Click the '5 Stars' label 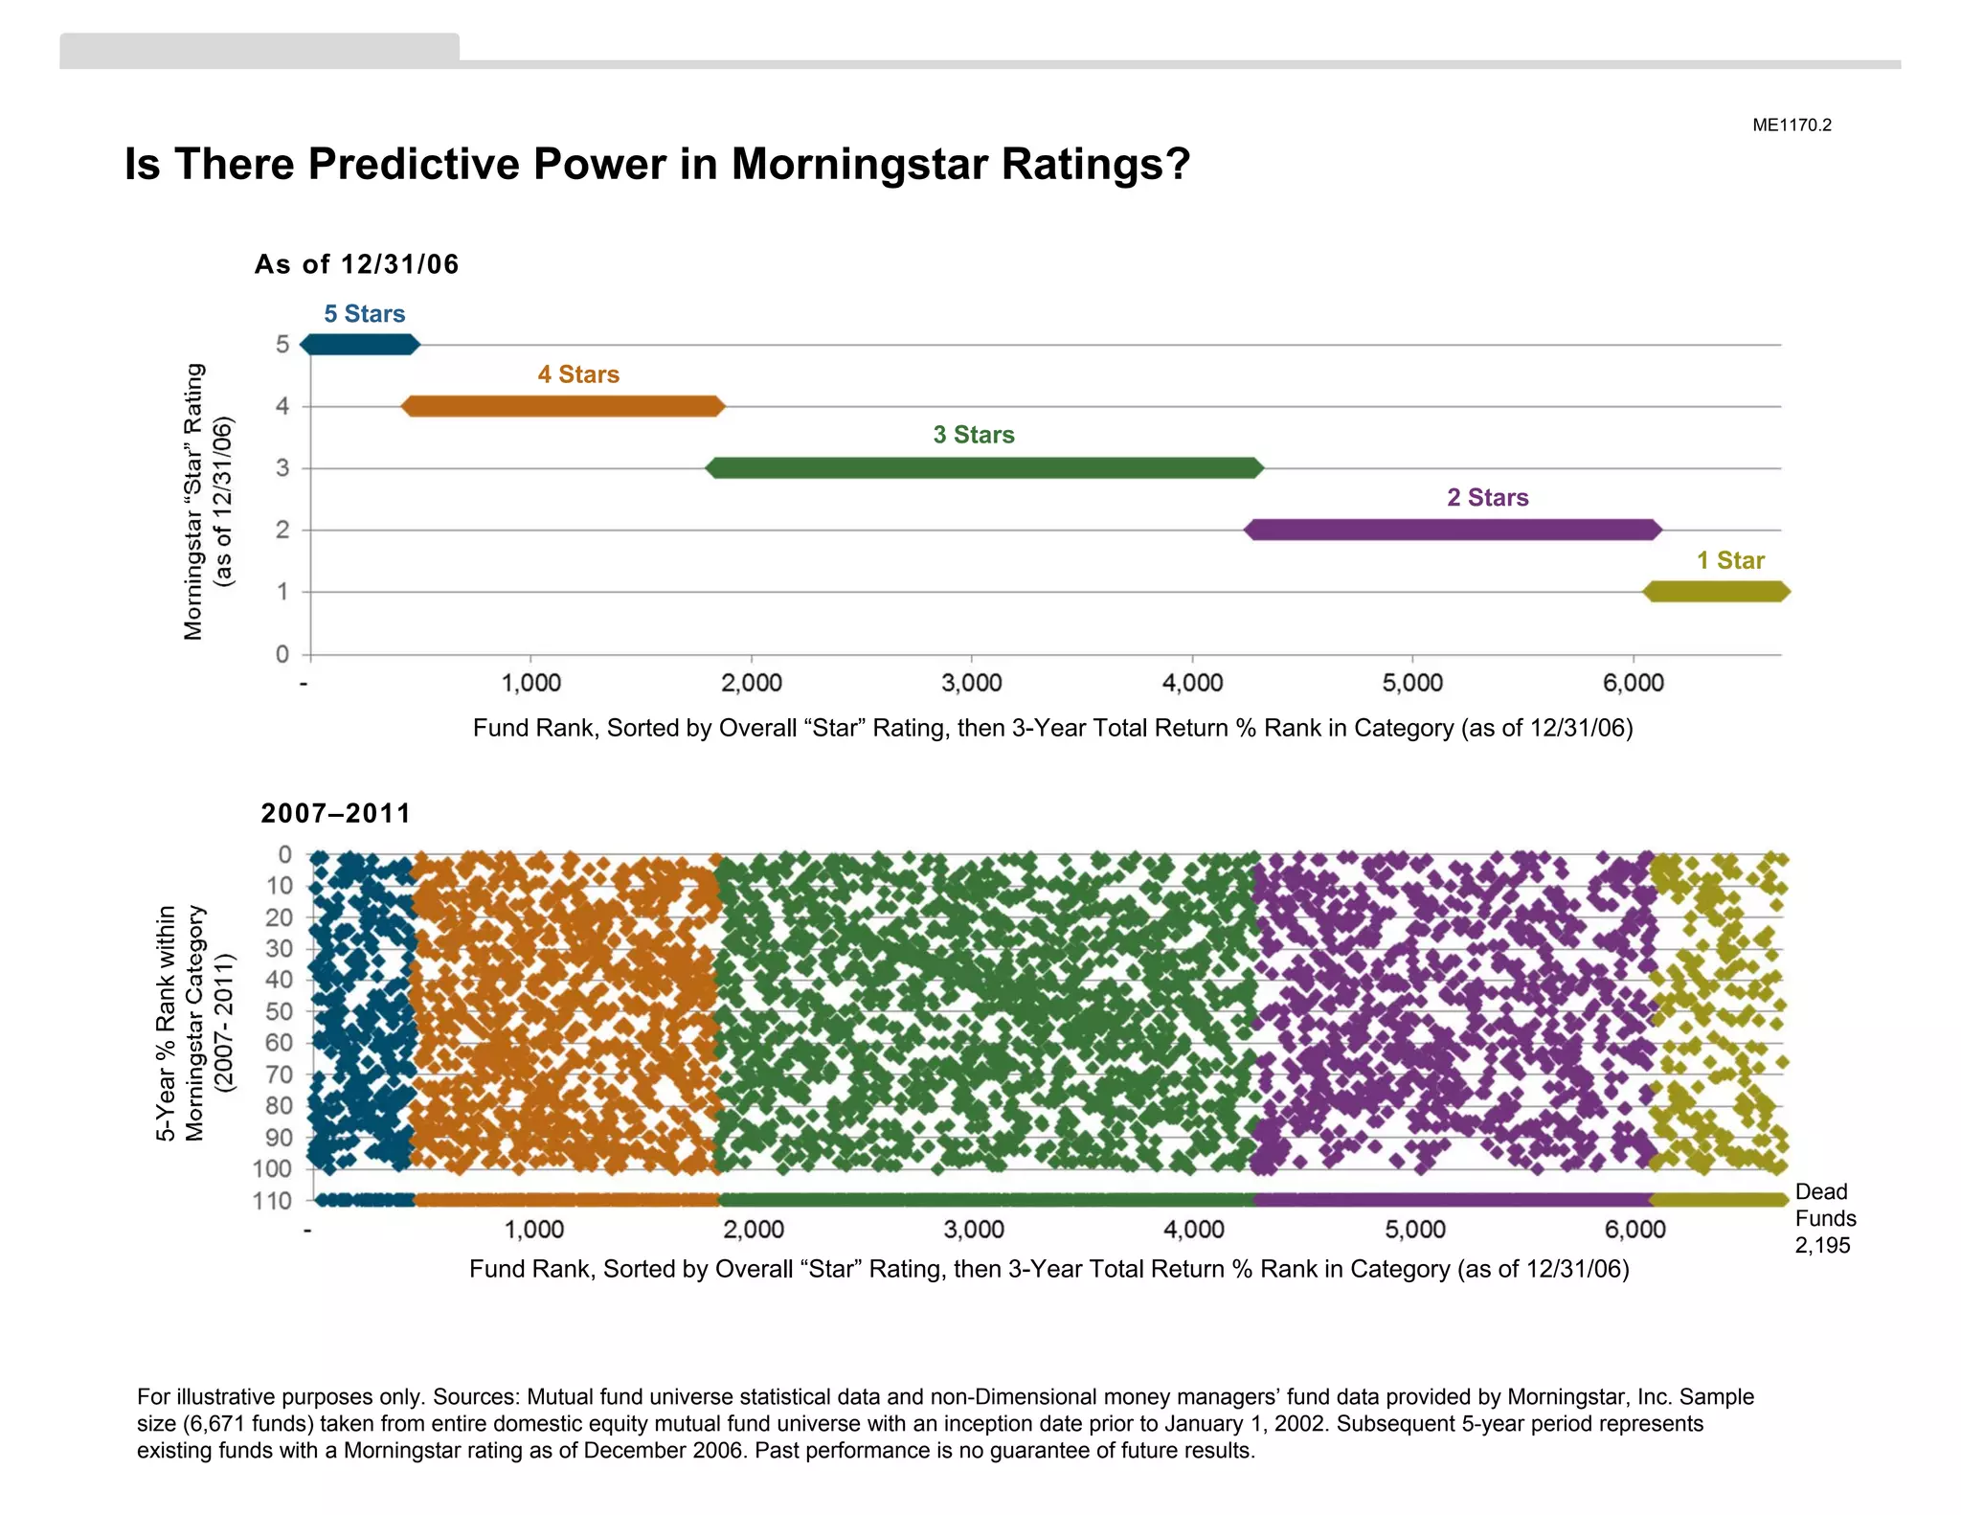[x=364, y=314]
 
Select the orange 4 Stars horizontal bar [x=563, y=406]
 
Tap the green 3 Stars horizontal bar [x=984, y=468]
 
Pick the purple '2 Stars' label [x=1487, y=498]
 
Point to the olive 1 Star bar [x=1716, y=592]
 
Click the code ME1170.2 [x=1792, y=125]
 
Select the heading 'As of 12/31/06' [x=356, y=264]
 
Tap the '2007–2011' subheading [x=335, y=813]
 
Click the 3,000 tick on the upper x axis [x=971, y=683]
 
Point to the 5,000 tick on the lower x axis [x=1414, y=1230]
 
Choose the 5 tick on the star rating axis [x=282, y=345]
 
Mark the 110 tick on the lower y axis [x=272, y=1201]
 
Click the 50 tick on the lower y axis [x=279, y=1011]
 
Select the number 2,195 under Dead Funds [x=1822, y=1246]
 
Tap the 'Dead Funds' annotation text [x=1824, y=1205]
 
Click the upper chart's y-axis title [x=207, y=502]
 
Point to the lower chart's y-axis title [x=193, y=1023]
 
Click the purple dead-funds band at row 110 [x=1451, y=1201]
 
